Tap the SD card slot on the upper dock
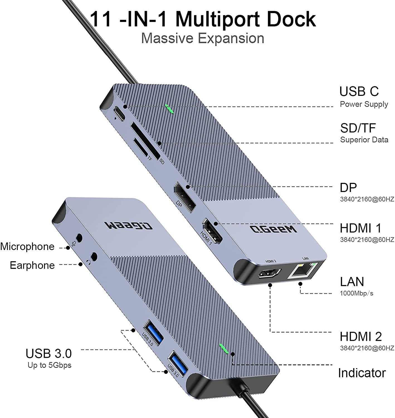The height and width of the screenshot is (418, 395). pyautogui.click(x=145, y=141)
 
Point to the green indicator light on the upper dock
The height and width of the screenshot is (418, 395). pyautogui.click(x=169, y=110)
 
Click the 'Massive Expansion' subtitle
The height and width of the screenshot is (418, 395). pyautogui.click(x=203, y=38)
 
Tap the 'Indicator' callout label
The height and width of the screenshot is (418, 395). pyautogui.click(x=362, y=373)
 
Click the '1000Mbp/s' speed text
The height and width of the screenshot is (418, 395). pyautogui.click(x=356, y=293)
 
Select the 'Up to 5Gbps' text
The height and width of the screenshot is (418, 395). pyautogui.click(x=50, y=365)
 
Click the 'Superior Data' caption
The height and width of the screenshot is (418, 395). pyautogui.click(x=364, y=140)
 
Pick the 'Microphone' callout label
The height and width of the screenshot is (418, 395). pyautogui.click(x=27, y=247)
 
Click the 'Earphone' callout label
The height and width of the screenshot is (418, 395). pyautogui.click(x=32, y=265)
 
